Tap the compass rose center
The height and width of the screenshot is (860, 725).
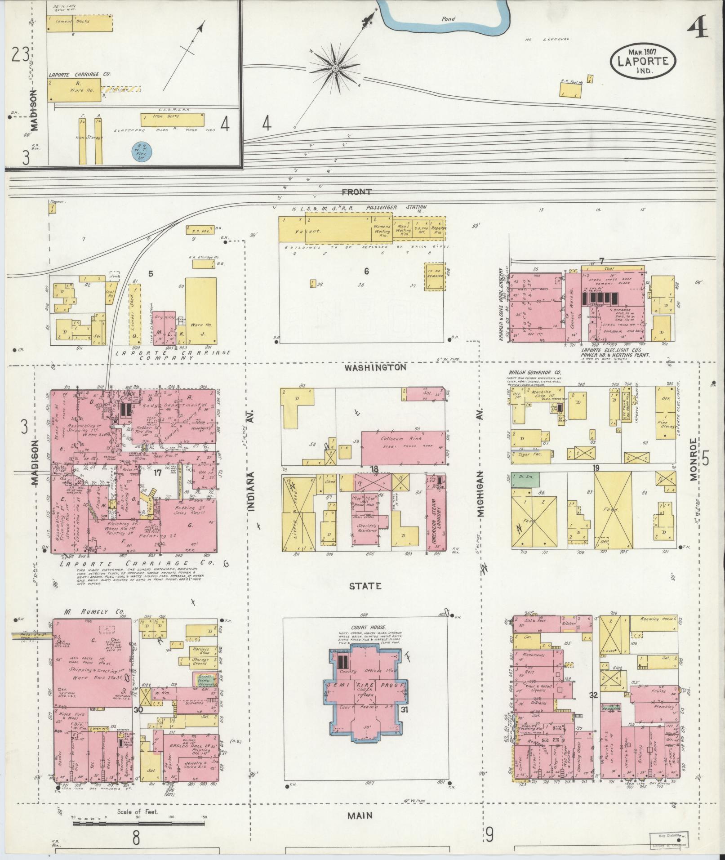(335, 68)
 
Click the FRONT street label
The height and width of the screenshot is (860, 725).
(356, 192)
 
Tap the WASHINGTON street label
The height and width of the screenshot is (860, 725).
(375, 367)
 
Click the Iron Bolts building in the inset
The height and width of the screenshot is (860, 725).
(172, 119)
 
